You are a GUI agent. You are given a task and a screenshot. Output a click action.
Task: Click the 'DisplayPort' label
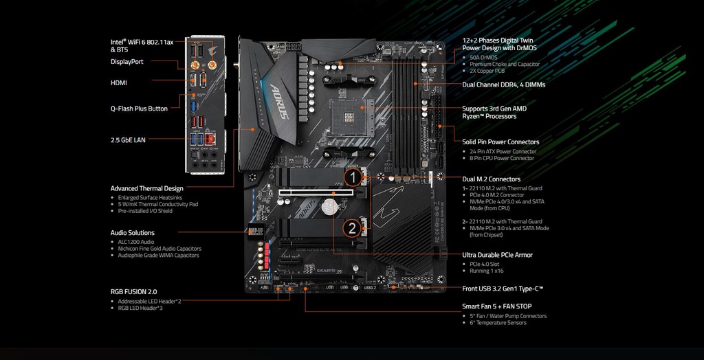click(x=127, y=61)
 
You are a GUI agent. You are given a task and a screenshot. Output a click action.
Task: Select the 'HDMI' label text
click(x=119, y=82)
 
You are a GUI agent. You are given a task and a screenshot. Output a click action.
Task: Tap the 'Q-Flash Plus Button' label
click(x=139, y=109)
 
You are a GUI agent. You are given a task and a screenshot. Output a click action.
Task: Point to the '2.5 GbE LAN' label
click(x=128, y=140)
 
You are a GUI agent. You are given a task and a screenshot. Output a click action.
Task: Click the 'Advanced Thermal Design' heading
click(x=146, y=188)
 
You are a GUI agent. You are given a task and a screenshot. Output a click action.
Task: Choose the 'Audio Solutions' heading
click(x=132, y=233)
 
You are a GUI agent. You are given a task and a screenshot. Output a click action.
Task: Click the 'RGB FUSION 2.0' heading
click(x=133, y=291)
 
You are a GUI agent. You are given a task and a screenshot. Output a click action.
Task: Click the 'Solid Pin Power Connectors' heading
click(x=500, y=142)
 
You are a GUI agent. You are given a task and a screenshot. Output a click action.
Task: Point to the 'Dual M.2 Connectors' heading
click(x=491, y=179)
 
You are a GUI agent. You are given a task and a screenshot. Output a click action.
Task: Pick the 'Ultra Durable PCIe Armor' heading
click(x=497, y=255)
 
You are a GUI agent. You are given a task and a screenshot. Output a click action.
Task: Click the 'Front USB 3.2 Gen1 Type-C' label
click(x=503, y=289)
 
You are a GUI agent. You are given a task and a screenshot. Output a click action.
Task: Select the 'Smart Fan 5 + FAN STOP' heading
click(x=496, y=306)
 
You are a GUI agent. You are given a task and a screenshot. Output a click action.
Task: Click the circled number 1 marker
click(x=352, y=178)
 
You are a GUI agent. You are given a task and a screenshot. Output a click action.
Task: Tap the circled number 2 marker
click(x=352, y=228)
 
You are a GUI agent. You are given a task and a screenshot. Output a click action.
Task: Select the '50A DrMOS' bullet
click(x=484, y=57)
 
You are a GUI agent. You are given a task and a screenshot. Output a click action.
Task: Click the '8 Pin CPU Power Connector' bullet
click(x=502, y=158)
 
